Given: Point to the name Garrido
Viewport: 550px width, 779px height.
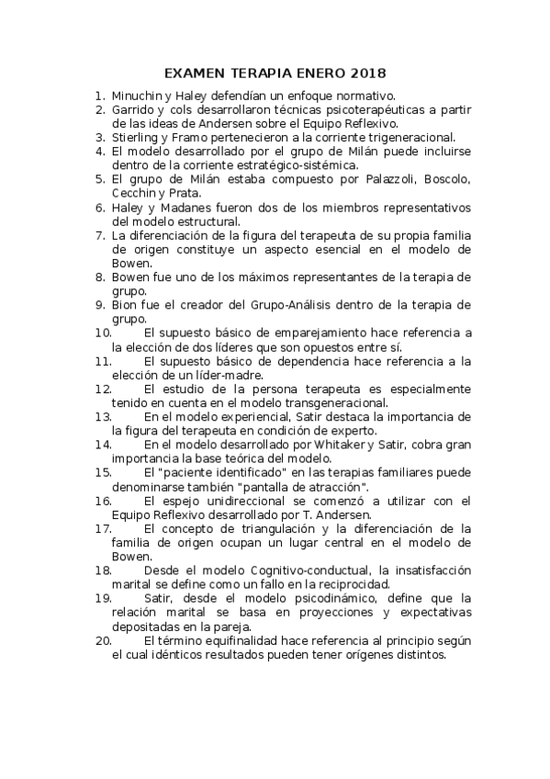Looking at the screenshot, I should [134, 109].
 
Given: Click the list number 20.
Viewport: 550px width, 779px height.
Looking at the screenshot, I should [102, 640].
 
